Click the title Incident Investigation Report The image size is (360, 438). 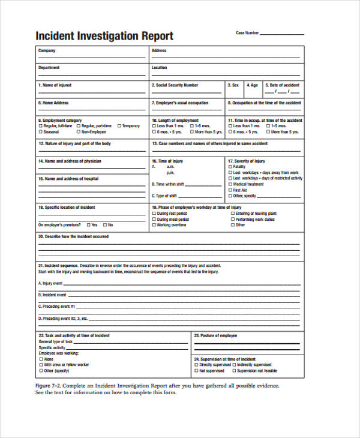[x=104, y=35]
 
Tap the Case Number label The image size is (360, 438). [x=247, y=33]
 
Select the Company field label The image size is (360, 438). [x=47, y=51]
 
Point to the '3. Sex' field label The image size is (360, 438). [x=233, y=85]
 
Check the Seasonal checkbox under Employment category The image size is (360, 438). [x=40, y=132]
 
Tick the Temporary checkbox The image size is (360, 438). [x=119, y=126]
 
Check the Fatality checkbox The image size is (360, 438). [x=230, y=167]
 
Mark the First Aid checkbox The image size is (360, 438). [x=230, y=190]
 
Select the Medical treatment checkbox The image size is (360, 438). [x=230, y=184]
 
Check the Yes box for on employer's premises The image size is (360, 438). [x=88, y=225]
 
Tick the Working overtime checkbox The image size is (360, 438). [x=154, y=225]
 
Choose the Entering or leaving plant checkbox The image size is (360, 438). [x=232, y=214]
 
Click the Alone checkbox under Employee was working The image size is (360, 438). [x=40, y=359]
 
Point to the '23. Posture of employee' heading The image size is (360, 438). [x=215, y=335]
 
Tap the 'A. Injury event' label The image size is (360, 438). [x=50, y=283]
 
